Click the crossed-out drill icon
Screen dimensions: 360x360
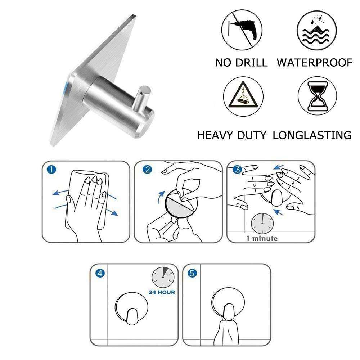[x=242, y=30]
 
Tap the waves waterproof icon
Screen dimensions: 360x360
[x=316, y=30]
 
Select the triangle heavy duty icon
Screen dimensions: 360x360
[x=243, y=96]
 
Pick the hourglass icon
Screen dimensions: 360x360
[x=317, y=96]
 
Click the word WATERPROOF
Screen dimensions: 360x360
[x=315, y=63]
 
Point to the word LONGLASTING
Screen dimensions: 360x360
[x=312, y=135]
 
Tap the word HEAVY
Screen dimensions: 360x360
[x=215, y=135]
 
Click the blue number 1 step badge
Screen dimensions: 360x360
[x=51, y=170]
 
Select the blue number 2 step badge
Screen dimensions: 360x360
[x=147, y=170]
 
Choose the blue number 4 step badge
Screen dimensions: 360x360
[x=100, y=273]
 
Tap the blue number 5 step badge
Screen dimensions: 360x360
[x=192, y=273]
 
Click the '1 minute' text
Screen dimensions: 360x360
[x=262, y=239]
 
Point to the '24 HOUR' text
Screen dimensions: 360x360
[x=162, y=292]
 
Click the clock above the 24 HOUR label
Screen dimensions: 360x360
[x=163, y=277]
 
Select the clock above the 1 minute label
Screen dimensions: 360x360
[x=262, y=224]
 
